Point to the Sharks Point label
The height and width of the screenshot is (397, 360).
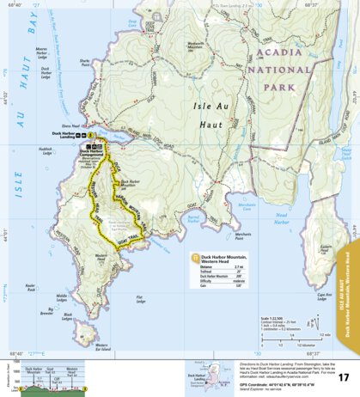click(x=84, y=86)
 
